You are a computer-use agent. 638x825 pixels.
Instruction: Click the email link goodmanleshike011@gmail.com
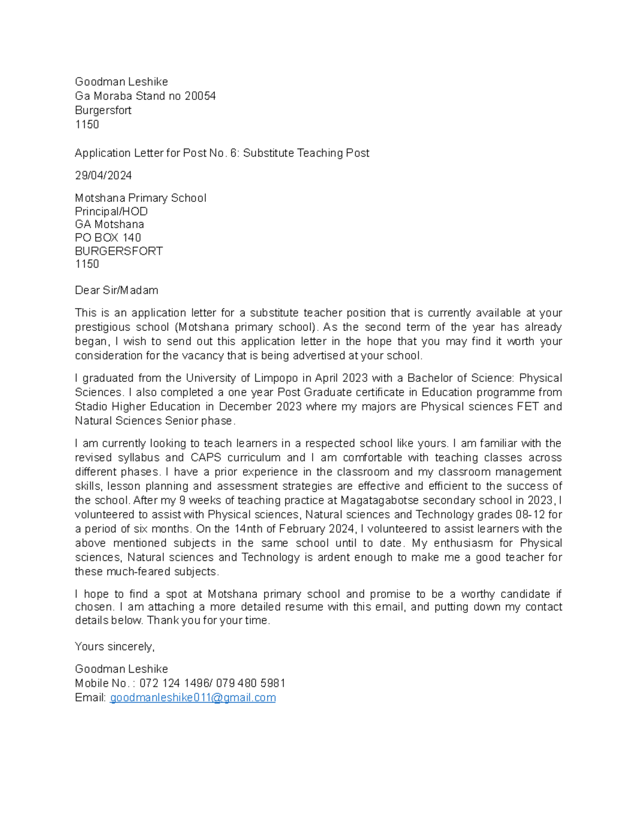[192, 698]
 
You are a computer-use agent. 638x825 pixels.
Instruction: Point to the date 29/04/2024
[103, 175]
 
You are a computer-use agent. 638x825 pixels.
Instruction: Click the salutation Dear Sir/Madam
[116, 290]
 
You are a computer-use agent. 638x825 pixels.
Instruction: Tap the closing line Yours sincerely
[114, 647]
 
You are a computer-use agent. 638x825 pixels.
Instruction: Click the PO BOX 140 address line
[108, 237]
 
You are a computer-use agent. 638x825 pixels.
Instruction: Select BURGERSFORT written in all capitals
[119, 251]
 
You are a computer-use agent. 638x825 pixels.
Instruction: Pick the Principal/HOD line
[111, 211]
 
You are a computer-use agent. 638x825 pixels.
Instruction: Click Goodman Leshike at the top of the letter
[121, 82]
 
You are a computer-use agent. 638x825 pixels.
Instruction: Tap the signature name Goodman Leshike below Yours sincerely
[121, 669]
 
